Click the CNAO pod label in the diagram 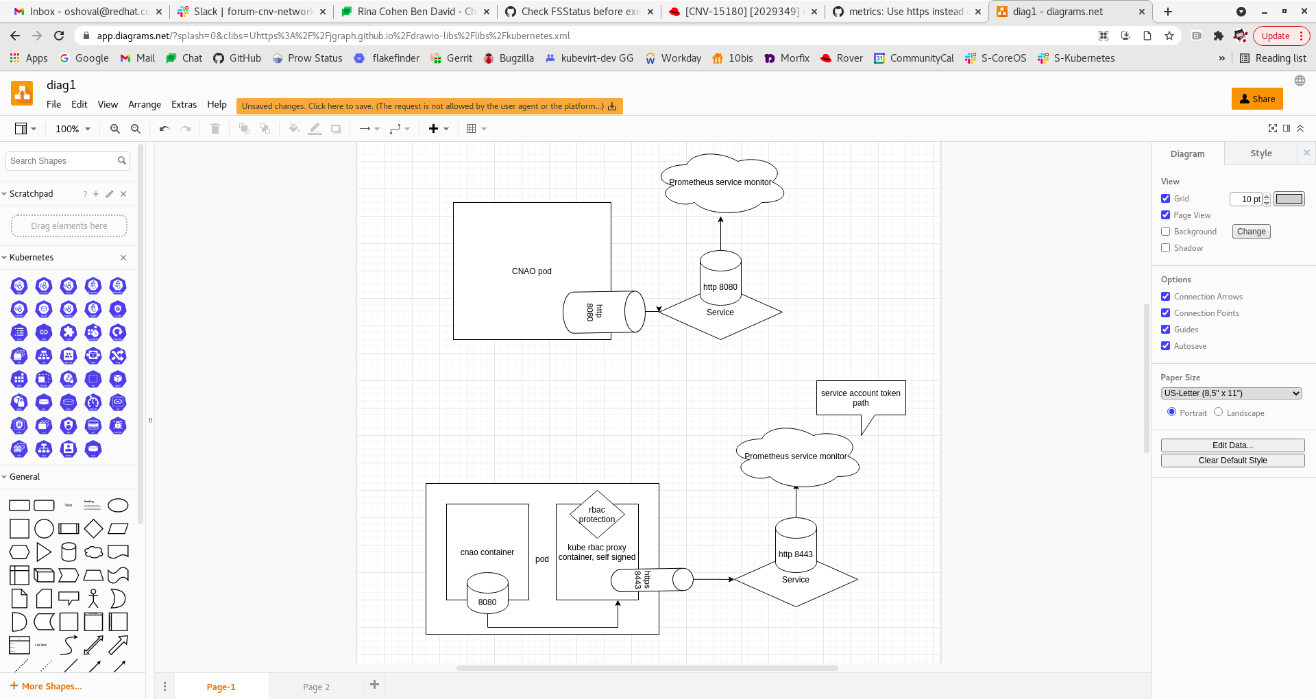click(531, 271)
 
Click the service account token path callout click(860, 398)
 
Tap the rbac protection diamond click(597, 515)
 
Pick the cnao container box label click(487, 552)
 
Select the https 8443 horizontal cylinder click(651, 580)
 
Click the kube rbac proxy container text click(597, 552)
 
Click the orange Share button click(1256, 99)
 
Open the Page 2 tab click(316, 687)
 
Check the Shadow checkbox click(1165, 248)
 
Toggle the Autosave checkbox click(1165, 346)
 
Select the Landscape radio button click(1218, 412)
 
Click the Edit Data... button click(1232, 445)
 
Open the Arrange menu click(145, 105)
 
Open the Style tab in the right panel click(1260, 154)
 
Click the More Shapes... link click(51, 686)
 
